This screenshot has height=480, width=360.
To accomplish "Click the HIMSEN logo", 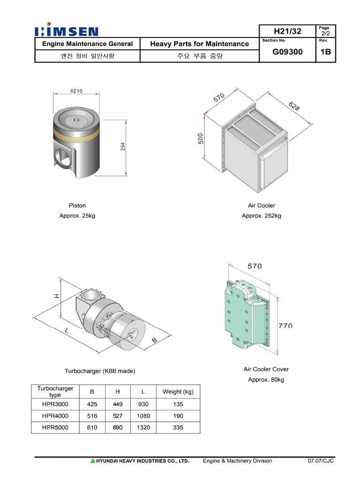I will pyautogui.click(x=67, y=31).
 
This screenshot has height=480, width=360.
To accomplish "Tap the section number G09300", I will pyautogui.click(x=287, y=52).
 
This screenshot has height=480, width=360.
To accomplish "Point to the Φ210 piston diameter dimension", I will pyautogui.click(x=76, y=91).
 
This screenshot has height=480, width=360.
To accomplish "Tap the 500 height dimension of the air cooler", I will pyautogui.click(x=201, y=139).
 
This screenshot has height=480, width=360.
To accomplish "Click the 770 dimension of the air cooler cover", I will pyautogui.click(x=285, y=325).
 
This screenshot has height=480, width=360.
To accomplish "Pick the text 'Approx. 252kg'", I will pyautogui.click(x=262, y=216).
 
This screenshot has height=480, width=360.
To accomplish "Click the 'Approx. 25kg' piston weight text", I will pyautogui.click(x=77, y=216).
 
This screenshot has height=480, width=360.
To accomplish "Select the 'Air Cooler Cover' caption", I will pyautogui.click(x=266, y=369).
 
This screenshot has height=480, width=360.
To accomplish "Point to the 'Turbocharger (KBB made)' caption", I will pyautogui.click(x=100, y=371).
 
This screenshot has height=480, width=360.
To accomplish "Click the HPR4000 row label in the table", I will pyautogui.click(x=55, y=416).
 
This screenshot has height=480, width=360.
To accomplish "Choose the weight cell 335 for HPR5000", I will pyautogui.click(x=178, y=427).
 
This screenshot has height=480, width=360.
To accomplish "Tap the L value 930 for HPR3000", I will pyautogui.click(x=143, y=404).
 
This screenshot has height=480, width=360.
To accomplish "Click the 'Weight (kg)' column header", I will pyautogui.click(x=178, y=392).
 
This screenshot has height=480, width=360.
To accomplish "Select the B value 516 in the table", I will pyautogui.click(x=92, y=416).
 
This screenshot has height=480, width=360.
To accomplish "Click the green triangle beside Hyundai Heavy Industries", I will pyautogui.click(x=93, y=461).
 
